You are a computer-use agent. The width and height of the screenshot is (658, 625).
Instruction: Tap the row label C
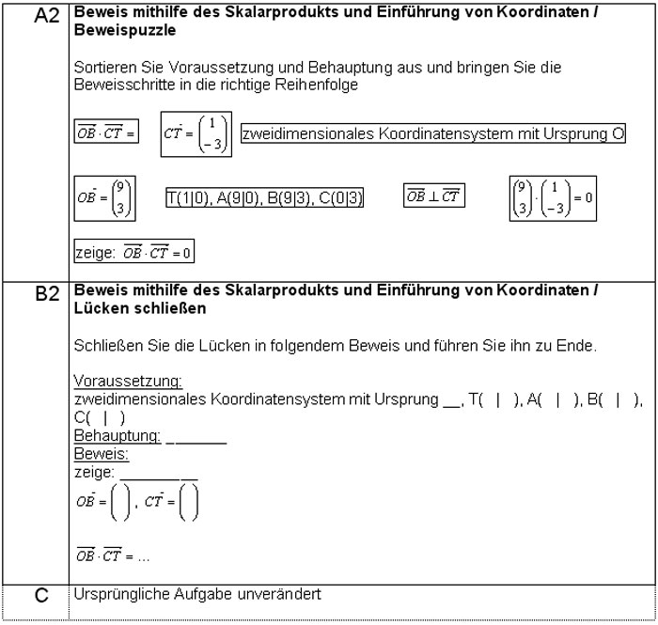click(x=45, y=595)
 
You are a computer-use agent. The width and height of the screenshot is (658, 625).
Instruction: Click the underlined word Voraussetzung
click(x=128, y=381)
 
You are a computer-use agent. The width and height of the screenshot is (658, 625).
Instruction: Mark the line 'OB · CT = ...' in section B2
click(x=114, y=556)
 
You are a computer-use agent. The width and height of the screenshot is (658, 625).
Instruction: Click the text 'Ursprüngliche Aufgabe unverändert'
click(x=196, y=595)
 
